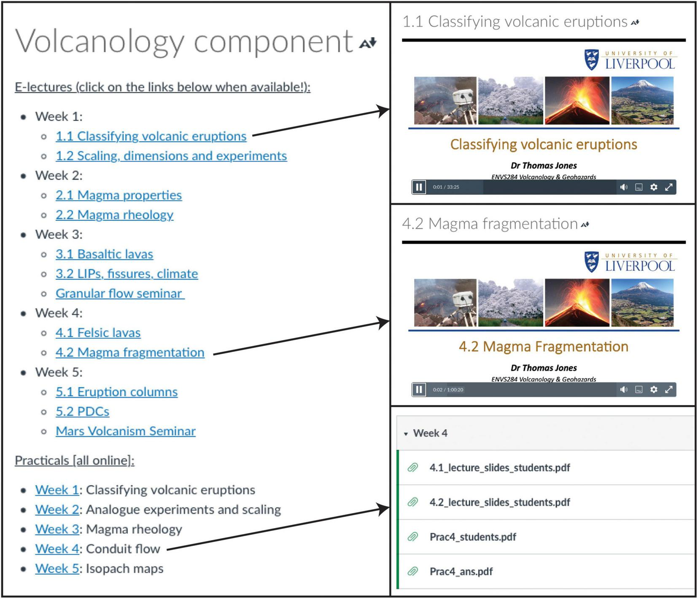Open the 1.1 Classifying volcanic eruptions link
coord(151,136)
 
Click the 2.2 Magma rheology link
coord(114,215)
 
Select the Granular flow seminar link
coord(119,293)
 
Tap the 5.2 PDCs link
coord(82,411)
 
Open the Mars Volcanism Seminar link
coord(125,431)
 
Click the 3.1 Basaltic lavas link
coord(104,254)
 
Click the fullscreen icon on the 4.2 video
coord(668,389)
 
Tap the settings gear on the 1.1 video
coord(653,187)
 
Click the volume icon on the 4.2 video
coord(624,389)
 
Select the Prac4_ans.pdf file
coord(461,572)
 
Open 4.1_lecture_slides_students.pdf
coord(499,468)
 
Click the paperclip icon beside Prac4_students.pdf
coord(412,537)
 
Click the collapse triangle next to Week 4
coord(406,434)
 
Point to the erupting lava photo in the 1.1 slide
coord(577,101)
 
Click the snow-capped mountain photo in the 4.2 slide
coord(642,303)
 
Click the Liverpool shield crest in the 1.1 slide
coord(591,60)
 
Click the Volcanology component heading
coord(184,42)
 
